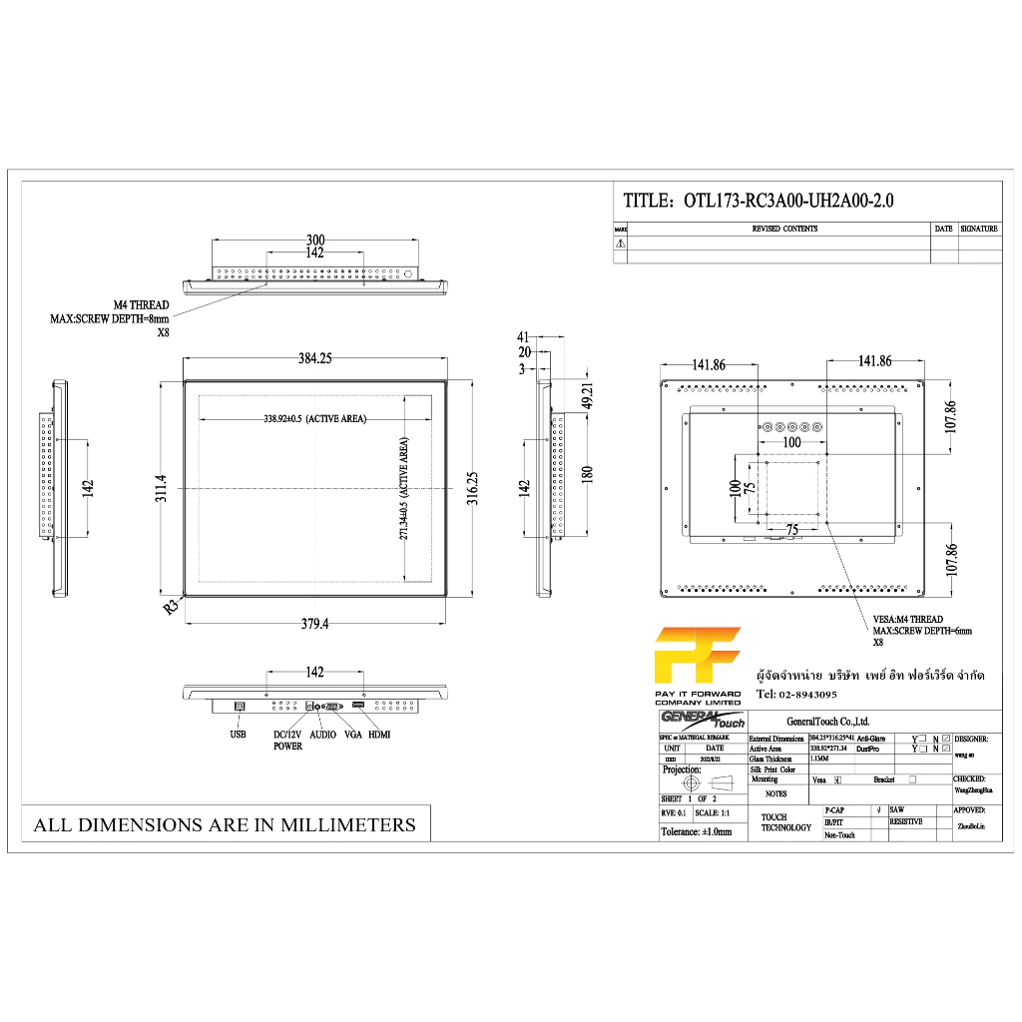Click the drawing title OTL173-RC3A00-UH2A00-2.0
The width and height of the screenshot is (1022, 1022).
[759, 201]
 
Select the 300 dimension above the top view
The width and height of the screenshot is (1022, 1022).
[315, 240]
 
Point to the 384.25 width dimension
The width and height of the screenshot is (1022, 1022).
[314, 359]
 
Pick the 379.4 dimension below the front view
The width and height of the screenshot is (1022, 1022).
[314, 624]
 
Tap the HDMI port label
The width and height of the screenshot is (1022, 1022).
[379, 735]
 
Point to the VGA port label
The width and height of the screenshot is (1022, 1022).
[352, 735]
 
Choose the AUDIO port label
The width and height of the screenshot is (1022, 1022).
[323, 735]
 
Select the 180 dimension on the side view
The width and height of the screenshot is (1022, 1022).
[588, 473]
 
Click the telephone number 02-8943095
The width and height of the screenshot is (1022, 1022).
[796, 694]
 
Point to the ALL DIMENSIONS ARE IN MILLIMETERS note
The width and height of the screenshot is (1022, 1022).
[225, 824]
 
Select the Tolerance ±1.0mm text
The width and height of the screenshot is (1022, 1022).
[696, 830]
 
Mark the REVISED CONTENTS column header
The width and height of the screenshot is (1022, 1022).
[784, 229]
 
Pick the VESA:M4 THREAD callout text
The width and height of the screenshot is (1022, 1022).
[907, 619]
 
